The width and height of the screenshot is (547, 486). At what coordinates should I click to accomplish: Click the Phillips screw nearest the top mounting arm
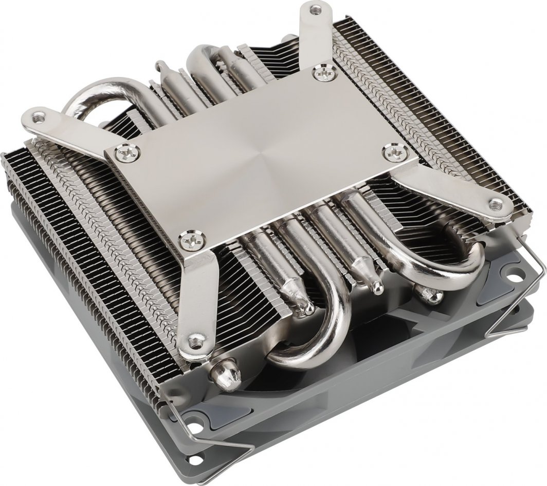325,73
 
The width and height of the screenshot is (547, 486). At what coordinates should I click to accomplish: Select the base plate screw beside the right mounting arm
395,151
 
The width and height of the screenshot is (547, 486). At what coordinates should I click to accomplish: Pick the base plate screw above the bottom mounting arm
192,240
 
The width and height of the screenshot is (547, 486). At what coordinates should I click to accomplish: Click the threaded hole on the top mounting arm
316,9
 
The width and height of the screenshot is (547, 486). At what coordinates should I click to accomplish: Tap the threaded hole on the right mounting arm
495,204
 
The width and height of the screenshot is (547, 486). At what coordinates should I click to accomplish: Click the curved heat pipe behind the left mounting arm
98,95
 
